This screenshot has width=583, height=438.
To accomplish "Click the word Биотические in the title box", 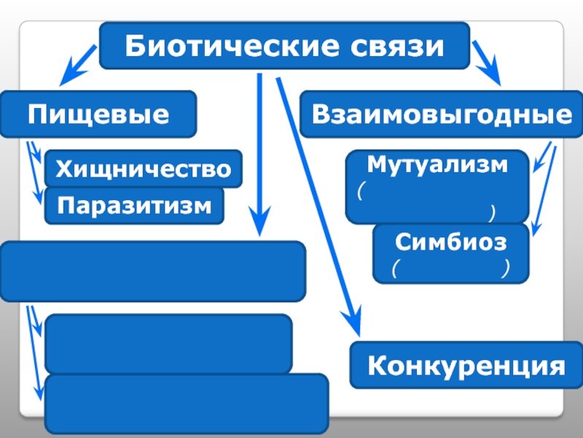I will coord(211,47).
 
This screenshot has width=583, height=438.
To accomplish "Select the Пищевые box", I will coord(98,114).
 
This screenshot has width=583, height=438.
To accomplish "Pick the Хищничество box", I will coord(143,169).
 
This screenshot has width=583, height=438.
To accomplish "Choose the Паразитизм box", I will coord(135,206).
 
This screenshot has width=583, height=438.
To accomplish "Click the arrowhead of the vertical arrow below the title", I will coord(259,223).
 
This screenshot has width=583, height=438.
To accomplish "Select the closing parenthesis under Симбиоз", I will coord(504,270).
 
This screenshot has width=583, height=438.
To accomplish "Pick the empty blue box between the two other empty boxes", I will coord(168,344).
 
